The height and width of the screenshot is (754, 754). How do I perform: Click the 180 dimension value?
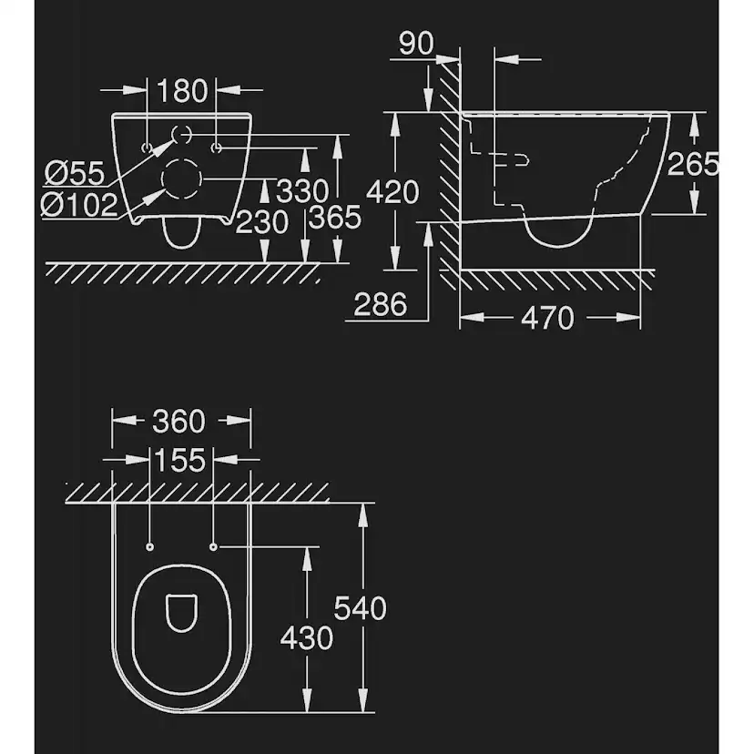pyautogui.click(x=182, y=90)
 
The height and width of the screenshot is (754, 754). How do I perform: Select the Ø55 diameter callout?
pyautogui.click(x=75, y=173)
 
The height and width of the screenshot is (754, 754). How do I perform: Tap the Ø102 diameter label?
pyautogui.click(x=79, y=205)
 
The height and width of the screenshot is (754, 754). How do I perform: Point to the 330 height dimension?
pyautogui.click(x=302, y=191)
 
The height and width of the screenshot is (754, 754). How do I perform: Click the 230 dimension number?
pyautogui.click(x=261, y=222)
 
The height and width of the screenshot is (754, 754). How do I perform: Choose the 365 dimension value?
pyautogui.click(x=335, y=217)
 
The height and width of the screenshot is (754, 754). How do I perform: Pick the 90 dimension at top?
pyautogui.click(x=416, y=44)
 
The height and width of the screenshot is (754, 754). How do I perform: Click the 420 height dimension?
pyautogui.click(x=392, y=192)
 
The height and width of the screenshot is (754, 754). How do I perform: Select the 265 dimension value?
pyautogui.click(x=693, y=164)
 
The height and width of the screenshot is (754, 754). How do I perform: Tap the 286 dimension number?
pyautogui.click(x=381, y=304)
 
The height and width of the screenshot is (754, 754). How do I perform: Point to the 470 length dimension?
pyautogui.click(x=547, y=318)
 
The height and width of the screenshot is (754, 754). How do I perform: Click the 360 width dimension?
pyautogui.click(x=178, y=422)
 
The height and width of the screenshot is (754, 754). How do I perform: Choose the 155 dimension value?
pyautogui.click(x=179, y=460)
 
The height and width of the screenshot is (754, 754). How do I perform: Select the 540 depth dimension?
pyautogui.click(x=361, y=608)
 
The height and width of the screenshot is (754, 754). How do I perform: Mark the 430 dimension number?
pyautogui.click(x=306, y=638)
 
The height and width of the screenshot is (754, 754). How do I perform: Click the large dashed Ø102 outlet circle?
pyautogui.click(x=181, y=178)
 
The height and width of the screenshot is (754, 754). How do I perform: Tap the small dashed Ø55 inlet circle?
pyautogui.click(x=182, y=136)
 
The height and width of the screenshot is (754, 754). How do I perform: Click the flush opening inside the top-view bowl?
pyautogui.click(x=182, y=613)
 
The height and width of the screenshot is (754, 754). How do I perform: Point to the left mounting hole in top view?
pyautogui.click(x=150, y=546)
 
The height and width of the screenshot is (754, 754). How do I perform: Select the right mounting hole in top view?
pyautogui.click(x=213, y=546)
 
